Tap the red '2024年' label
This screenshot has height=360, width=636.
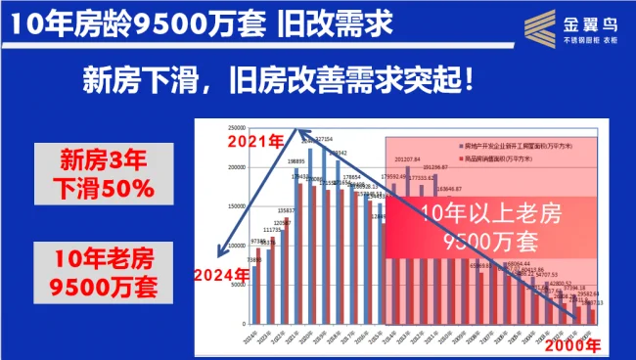point(221,273)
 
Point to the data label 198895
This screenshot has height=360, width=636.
point(298,160)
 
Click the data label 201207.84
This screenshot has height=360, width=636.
point(407,158)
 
